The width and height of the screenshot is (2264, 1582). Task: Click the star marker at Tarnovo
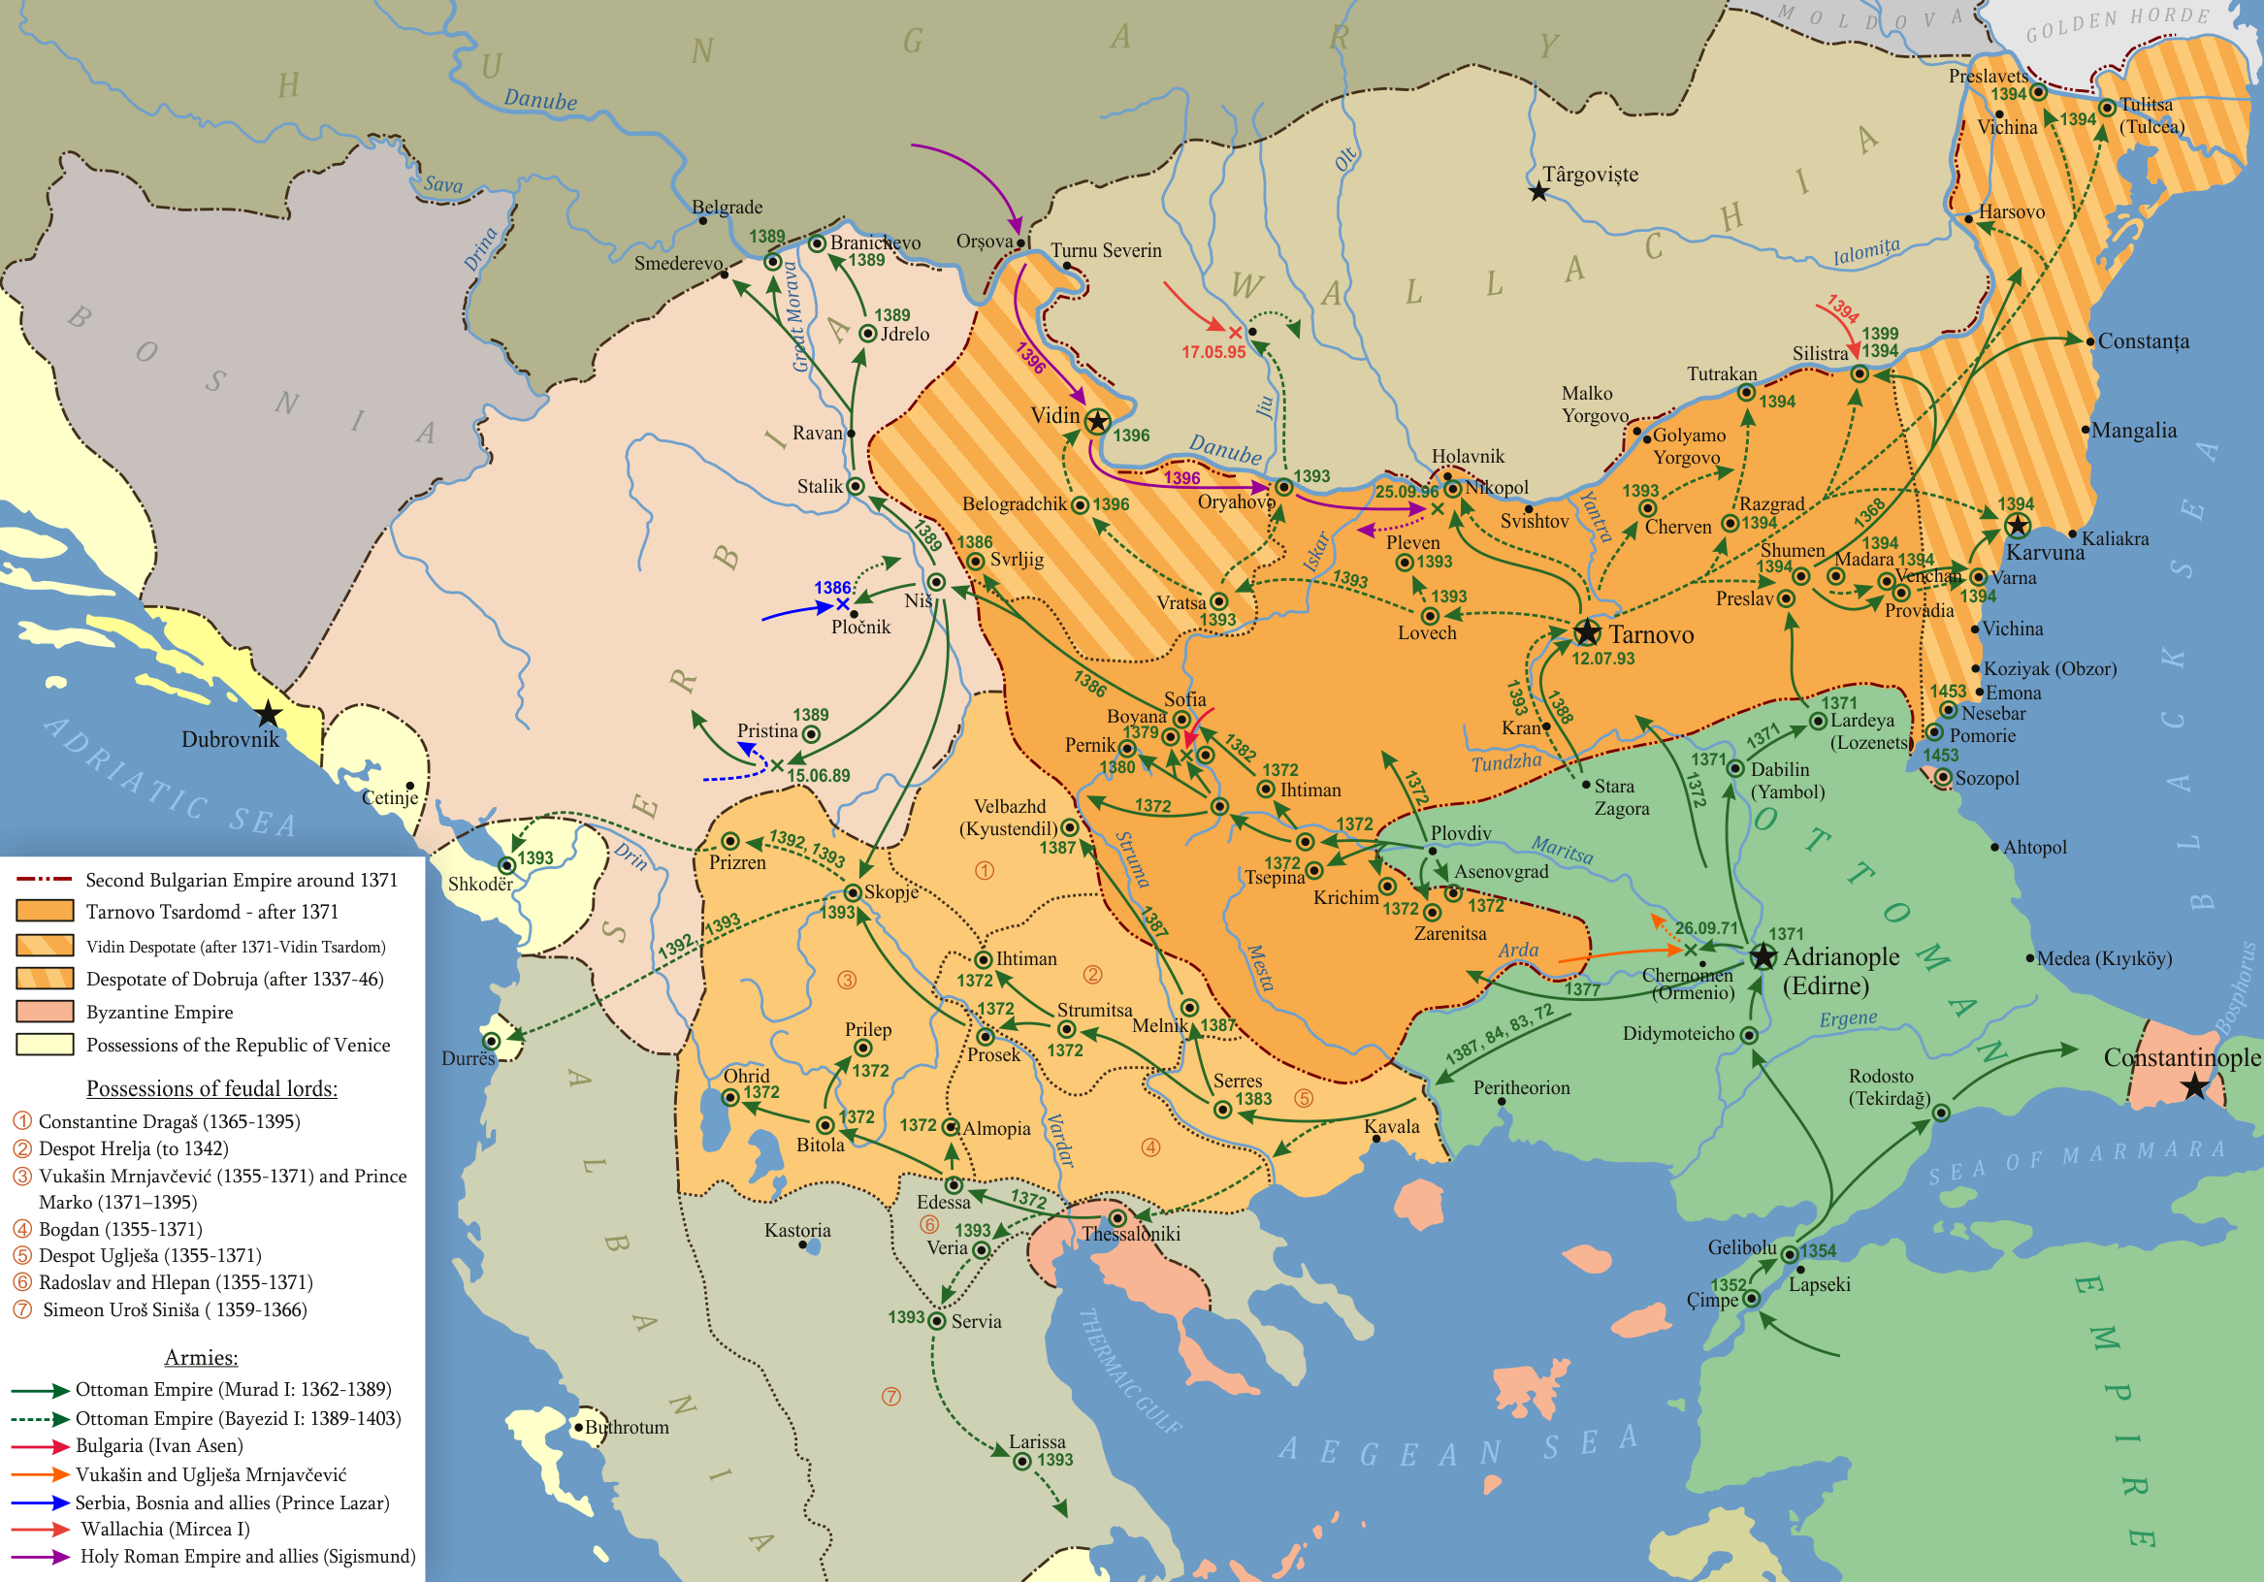1587,632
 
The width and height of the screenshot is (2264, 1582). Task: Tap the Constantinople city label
2182,1057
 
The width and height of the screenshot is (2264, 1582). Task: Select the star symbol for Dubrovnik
269,713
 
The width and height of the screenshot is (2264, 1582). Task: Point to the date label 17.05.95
1213,352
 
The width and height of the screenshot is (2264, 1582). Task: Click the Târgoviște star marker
1538,192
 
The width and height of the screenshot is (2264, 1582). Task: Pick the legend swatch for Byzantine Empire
45,1011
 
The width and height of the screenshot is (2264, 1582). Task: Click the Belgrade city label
727,208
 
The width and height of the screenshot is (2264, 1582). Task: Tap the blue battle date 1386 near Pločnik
831,588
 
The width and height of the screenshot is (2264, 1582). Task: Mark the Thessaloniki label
1130,1234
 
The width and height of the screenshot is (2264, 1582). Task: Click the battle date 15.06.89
818,775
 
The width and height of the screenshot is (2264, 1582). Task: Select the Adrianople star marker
1763,955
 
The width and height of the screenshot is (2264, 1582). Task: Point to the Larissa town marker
1022,1461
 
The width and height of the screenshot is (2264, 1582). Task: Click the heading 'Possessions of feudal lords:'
211,1088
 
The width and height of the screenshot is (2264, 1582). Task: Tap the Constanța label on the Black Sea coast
2143,341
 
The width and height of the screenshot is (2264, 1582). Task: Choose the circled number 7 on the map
890,1397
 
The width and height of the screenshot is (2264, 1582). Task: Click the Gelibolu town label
1741,1247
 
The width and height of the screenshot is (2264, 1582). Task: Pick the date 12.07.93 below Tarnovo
1602,659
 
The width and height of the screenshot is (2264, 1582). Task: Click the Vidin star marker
1096,422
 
